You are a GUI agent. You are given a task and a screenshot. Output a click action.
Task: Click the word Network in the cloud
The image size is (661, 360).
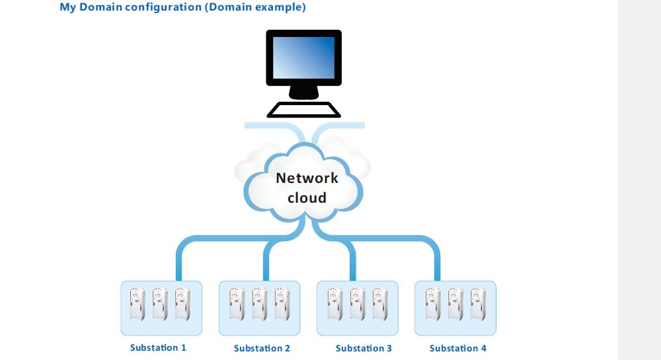307,178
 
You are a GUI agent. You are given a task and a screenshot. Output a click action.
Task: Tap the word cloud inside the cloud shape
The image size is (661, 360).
307,198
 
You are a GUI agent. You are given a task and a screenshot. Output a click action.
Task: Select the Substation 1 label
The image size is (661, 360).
158,348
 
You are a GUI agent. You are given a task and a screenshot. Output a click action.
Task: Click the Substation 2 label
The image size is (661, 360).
262,348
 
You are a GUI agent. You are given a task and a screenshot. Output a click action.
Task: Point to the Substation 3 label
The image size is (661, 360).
364,348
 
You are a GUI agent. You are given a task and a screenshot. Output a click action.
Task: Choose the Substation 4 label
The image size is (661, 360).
458,348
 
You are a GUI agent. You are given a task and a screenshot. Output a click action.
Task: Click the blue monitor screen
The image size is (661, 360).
303,57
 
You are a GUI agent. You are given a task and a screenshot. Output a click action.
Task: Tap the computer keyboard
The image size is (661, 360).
303,110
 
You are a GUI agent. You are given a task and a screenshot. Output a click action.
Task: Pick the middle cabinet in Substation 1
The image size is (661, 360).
160,304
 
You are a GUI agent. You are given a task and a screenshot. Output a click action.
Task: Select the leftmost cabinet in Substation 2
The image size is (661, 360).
237,304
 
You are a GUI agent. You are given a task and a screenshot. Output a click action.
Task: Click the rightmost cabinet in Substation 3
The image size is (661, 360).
380,304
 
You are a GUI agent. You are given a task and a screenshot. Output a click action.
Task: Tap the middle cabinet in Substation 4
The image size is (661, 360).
455,304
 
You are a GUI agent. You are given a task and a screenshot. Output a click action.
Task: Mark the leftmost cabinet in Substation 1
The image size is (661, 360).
137,304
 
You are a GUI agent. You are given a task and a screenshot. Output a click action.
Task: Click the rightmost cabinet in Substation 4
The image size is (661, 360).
478,304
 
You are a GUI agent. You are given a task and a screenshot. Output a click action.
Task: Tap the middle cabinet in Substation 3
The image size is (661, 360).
358,304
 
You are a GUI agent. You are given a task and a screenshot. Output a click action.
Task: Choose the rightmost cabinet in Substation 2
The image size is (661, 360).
282,304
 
